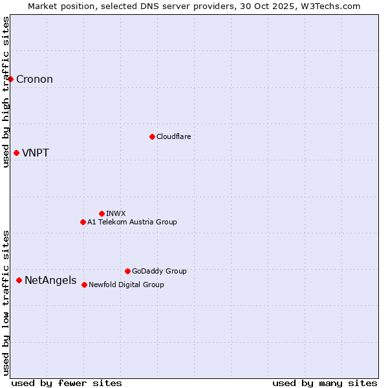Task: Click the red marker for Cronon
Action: (11, 80)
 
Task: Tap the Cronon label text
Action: (34, 80)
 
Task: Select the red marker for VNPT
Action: (16, 153)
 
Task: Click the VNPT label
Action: (36, 153)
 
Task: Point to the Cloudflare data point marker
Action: (152, 136)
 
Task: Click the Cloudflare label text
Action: (173, 136)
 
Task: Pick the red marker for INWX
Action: (102, 213)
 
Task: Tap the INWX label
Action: (116, 213)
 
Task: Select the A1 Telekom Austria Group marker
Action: (83, 222)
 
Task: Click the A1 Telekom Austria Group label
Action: (132, 222)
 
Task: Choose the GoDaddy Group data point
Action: (127, 271)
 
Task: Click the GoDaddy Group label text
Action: (159, 271)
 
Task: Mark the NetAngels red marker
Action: (19, 280)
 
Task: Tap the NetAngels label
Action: (50, 281)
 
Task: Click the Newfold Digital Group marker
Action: (84, 285)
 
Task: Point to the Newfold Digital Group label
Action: (126, 285)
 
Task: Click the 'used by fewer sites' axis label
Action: (67, 383)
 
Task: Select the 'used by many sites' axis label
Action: (325, 383)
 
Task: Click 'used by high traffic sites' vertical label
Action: (6, 92)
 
